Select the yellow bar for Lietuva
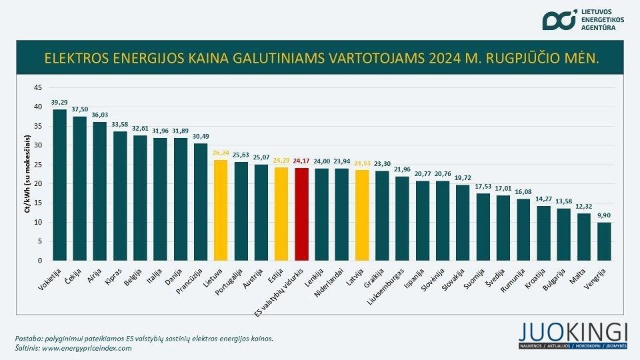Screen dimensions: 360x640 (x=221, y=210)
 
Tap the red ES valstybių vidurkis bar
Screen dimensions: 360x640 (x=301, y=214)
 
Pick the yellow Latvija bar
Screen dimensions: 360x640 (x=362, y=215)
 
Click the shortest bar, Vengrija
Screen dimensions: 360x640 (x=603, y=241)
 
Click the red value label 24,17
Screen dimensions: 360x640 (x=301, y=161)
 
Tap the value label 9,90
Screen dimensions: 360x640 (x=603, y=216)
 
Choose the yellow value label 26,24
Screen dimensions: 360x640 (x=221, y=153)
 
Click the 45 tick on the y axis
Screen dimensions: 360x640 (x=37, y=87)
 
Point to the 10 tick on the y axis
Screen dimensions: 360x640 (x=37, y=222)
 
